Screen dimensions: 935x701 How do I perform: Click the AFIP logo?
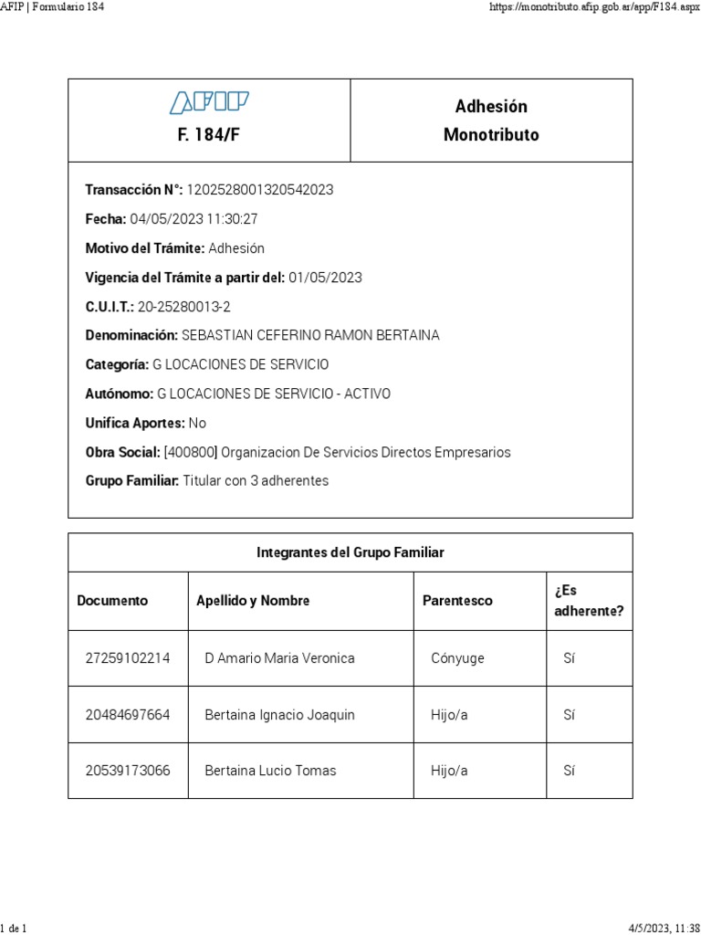209,102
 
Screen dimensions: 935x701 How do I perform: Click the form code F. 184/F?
209,135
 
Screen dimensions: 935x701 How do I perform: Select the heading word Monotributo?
491,135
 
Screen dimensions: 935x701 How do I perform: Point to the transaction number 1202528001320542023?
260,190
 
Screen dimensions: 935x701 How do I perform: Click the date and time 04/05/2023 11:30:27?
194,219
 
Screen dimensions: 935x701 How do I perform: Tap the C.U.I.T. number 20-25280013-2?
184,307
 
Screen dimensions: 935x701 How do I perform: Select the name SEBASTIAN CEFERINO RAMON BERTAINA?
310,335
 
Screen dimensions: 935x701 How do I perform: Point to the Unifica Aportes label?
135,423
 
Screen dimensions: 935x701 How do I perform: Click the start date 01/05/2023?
325,278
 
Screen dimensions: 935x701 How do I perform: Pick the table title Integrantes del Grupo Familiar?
350,552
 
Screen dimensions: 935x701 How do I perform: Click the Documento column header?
112,601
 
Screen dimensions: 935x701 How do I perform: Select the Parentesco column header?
457,601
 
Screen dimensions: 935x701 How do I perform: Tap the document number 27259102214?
128,658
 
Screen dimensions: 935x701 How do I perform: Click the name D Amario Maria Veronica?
279,658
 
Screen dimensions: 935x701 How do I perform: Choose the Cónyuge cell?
457,658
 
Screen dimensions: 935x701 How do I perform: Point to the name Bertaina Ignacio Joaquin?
279,715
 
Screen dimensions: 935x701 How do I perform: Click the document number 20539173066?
128,771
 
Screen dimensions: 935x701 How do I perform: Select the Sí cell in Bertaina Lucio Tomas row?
570,771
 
